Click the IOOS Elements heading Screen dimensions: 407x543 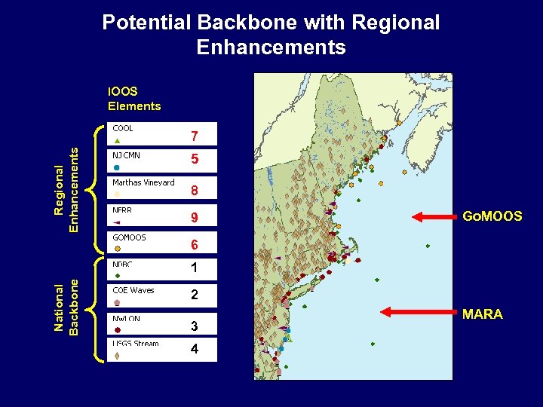pos(134,99)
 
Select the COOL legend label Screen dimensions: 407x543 pos(123,128)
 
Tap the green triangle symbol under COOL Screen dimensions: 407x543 pos(117,140)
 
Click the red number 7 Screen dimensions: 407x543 pos(195,137)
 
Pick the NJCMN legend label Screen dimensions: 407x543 pos(127,155)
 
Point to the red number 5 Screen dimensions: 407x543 pos(195,160)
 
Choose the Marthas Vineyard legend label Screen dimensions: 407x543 pos(143,182)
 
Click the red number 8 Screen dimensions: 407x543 pos(195,190)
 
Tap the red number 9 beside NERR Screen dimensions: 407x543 pos(195,219)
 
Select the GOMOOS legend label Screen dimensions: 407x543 pos(130,237)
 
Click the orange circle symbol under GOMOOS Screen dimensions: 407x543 pos(117,249)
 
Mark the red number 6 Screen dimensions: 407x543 pos(195,245)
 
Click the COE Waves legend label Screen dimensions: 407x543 pos(133,290)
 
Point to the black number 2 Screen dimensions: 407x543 pos(195,295)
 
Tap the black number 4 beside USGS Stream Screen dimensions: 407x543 pos(195,350)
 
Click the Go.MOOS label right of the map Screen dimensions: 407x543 pos(492,217)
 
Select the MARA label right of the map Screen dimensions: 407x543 pos(482,314)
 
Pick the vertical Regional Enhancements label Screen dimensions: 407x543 pos(67,188)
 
